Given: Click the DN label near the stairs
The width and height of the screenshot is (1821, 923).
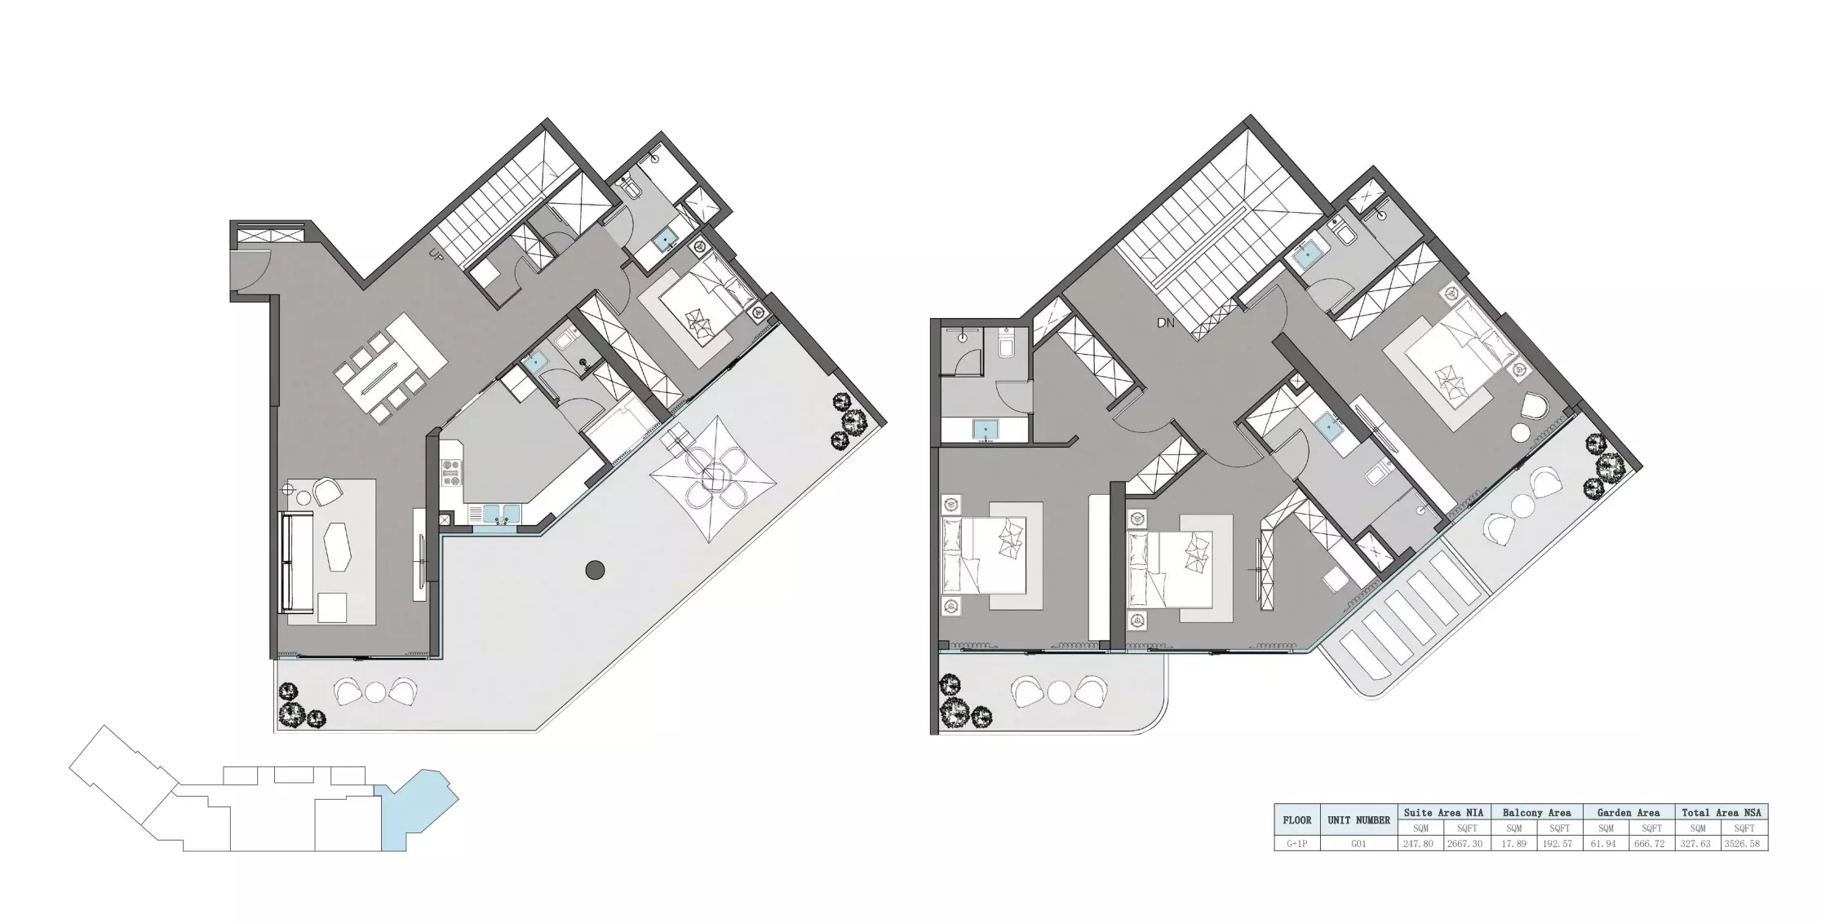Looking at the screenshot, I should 1166,324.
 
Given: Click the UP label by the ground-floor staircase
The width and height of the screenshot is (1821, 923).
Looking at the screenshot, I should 436,255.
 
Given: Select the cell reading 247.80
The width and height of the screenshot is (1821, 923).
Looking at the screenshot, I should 1418,844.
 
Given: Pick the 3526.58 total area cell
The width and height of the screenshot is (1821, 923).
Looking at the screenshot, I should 1743,844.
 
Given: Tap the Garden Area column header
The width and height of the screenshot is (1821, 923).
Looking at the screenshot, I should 1628,812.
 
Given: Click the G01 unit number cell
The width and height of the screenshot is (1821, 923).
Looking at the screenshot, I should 1358,844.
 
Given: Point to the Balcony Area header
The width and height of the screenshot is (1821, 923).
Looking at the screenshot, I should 1536,812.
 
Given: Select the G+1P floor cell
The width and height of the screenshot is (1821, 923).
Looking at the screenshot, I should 1296,844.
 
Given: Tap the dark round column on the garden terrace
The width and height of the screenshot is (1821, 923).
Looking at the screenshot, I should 595,570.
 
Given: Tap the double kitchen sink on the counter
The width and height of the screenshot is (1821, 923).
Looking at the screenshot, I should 500,514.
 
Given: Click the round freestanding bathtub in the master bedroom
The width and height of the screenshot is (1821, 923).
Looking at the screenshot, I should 1520,433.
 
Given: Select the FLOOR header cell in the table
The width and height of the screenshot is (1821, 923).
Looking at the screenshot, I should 1296,820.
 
